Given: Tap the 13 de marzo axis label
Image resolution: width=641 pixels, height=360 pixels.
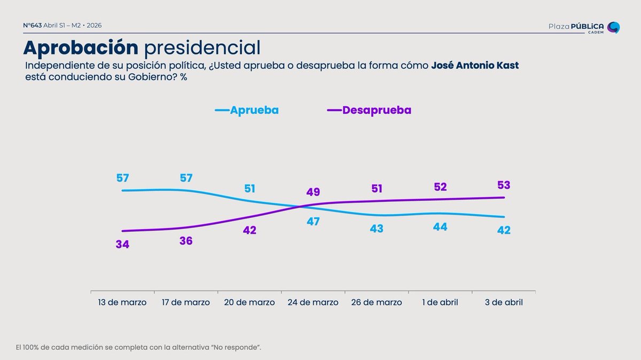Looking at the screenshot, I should [x=122, y=302].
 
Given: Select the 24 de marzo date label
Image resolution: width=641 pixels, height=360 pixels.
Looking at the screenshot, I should [x=313, y=302].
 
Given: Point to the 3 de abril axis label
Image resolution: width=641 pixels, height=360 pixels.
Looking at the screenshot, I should [x=504, y=302].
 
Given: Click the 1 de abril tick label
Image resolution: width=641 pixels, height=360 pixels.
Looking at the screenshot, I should [x=440, y=302].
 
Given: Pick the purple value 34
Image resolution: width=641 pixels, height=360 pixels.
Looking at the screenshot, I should [x=122, y=245].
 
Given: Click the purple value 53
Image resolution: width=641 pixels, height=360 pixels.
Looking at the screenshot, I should [x=504, y=185].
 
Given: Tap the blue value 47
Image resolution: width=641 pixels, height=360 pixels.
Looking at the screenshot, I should [x=313, y=221].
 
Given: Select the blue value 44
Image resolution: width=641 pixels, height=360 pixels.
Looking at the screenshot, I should [x=440, y=227].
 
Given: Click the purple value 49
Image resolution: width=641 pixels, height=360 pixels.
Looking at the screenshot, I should [x=313, y=192].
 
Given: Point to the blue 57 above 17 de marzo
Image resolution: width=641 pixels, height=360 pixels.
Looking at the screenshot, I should [x=186, y=178].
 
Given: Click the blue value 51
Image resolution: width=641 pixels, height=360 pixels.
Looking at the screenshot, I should [x=249, y=189].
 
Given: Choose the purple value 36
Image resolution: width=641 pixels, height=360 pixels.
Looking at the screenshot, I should [x=186, y=241].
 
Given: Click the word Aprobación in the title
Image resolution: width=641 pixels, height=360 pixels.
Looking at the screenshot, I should [x=80, y=48].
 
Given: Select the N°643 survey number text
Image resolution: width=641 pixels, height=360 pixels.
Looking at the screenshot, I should [x=33, y=26].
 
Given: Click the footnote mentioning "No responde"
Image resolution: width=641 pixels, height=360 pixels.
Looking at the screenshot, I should [x=138, y=347].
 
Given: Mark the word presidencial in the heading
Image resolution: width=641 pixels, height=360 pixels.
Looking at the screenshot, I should [x=202, y=48].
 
